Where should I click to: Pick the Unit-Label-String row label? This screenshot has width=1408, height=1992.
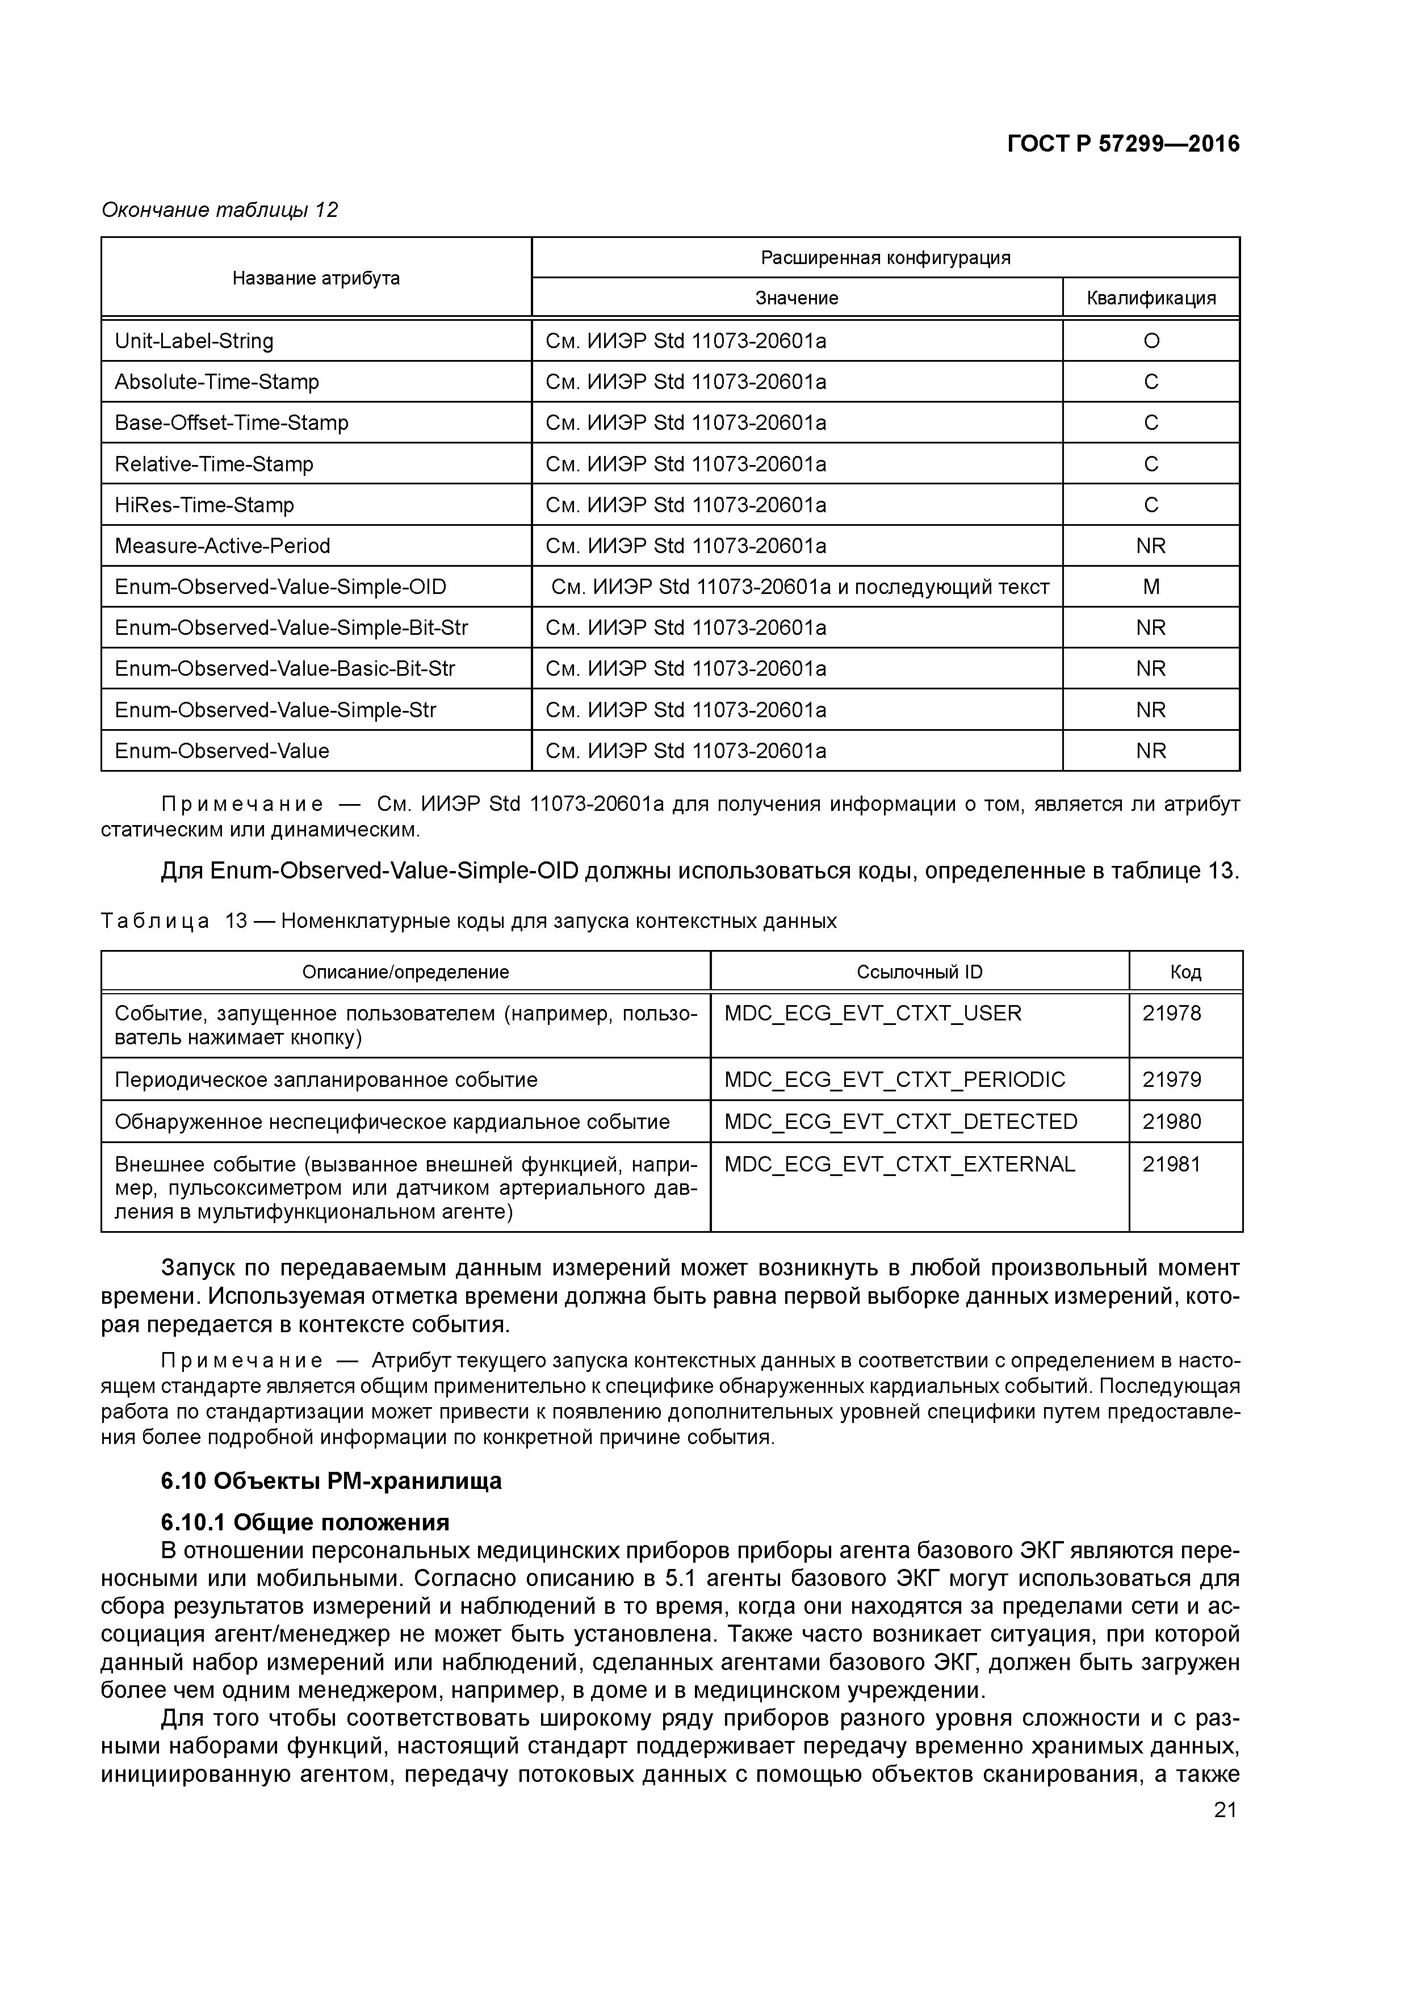194,341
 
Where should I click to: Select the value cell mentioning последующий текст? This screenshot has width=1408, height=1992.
800,587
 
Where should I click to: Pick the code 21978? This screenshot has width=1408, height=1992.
1171,1014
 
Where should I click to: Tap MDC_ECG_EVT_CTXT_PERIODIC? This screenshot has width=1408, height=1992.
894,1079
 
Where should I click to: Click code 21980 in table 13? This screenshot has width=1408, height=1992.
1171,1122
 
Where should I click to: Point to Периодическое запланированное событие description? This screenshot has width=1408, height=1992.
326,1080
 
